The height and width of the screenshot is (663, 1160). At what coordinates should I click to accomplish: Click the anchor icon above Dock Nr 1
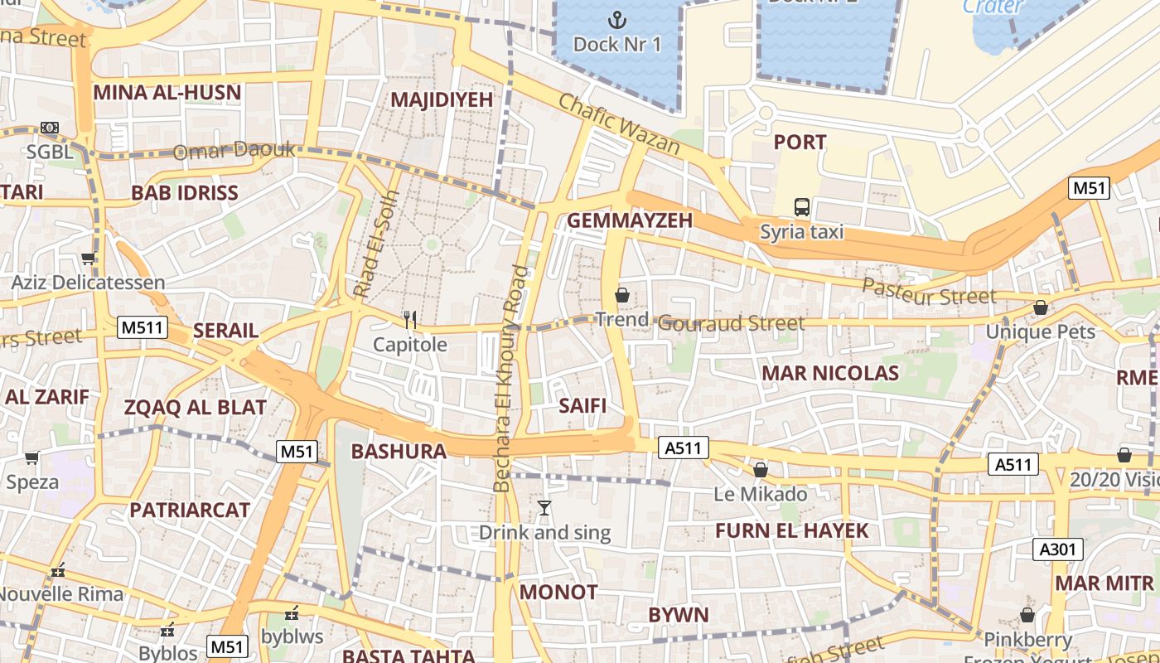tap(617, 19)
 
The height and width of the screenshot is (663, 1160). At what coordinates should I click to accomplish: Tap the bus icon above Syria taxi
tap(801, 206)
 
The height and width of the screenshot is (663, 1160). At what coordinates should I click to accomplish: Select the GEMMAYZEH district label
tap(629, 220)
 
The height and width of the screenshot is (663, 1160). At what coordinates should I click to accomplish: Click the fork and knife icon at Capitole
tap(409, 319)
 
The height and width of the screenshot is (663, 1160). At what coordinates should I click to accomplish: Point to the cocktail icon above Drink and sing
tap(544, 508)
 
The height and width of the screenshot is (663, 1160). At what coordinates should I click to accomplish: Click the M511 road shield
tap(143, 327)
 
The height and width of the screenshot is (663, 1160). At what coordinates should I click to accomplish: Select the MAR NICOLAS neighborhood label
tap(829, 373)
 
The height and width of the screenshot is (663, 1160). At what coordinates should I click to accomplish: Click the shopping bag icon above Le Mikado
tap(761, 471)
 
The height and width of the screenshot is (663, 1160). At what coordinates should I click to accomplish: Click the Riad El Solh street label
tap(377, 245)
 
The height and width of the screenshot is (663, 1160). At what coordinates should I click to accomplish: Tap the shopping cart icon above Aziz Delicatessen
tap(88, 259)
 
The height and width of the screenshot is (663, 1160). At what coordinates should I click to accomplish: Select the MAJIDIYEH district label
tap(441, 99)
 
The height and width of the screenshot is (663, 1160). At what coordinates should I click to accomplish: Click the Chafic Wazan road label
tap(619, 125)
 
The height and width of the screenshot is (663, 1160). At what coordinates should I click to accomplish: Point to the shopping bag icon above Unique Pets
tap(1041, 308)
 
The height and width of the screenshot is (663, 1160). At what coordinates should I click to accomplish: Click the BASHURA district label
tap(399, 452)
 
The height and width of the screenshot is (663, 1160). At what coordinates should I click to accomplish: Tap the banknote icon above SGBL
tap(50, 128)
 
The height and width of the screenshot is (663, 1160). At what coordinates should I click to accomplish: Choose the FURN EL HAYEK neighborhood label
tap(791, 531)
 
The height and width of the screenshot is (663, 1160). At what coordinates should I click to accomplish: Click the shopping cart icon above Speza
tap(32, 457)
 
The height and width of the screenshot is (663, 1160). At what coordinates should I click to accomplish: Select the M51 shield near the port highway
tap(1089, 188)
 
